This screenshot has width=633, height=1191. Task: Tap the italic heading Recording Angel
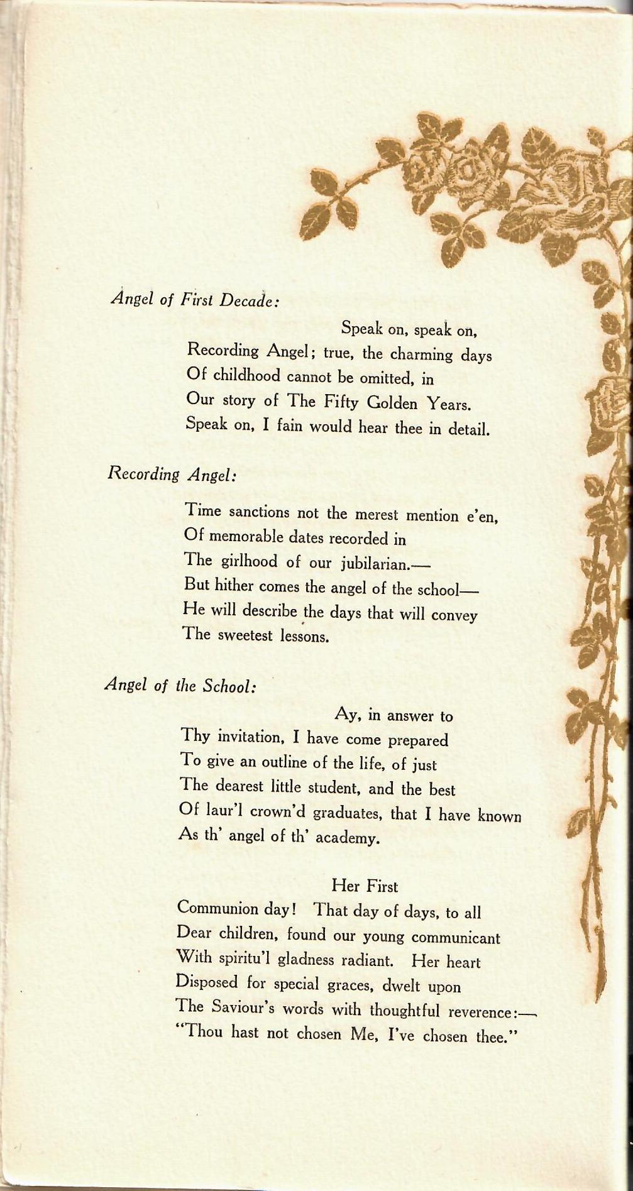[x=172, y=474]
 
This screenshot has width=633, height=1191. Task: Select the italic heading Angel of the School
[x=180, y=684]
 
